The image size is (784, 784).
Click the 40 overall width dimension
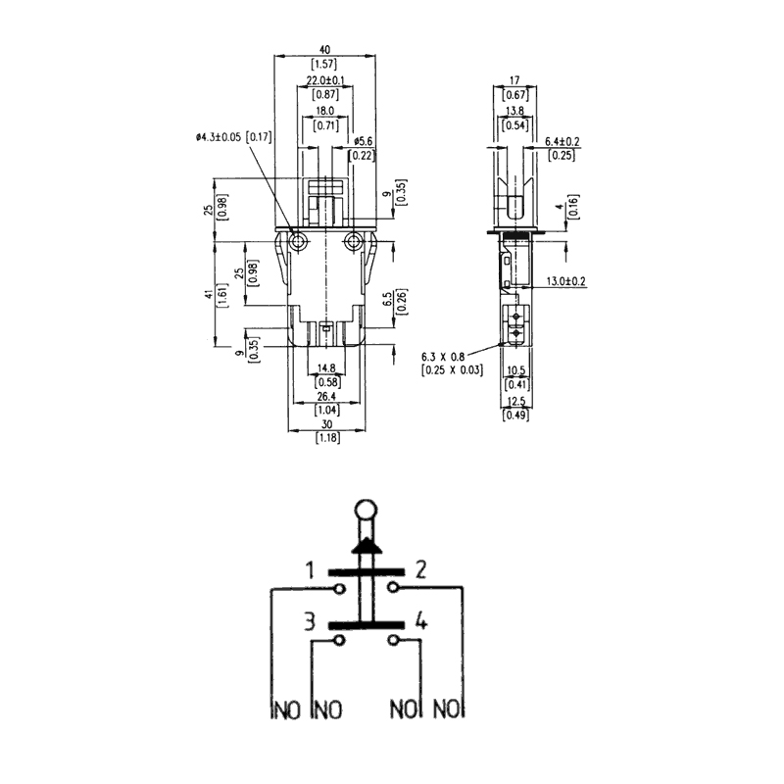(325, 50)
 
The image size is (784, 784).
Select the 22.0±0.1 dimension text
(325, 80)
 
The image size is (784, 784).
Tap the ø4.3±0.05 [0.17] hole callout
(233, 136)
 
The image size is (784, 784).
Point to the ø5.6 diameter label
(363, 142)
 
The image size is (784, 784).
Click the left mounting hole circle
(299, 242)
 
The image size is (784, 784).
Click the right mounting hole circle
(354, 242)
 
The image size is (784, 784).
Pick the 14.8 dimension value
(326, 368)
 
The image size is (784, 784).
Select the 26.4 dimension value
(326, 396)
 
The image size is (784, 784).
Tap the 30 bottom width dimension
(327, 424)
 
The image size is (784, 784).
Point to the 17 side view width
(514, 80)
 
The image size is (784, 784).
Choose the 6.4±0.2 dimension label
(562, 142)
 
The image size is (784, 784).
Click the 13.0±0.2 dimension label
(566, 281)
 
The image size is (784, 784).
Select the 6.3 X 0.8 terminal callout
(443, 357)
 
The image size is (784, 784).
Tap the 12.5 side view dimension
(516, 401)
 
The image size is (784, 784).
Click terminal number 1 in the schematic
(310, 570)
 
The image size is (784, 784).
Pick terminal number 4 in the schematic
(421, 622)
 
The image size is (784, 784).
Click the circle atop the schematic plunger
(366, 511)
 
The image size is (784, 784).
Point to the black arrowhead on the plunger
(367, 546)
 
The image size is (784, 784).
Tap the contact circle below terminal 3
(340, 641)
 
